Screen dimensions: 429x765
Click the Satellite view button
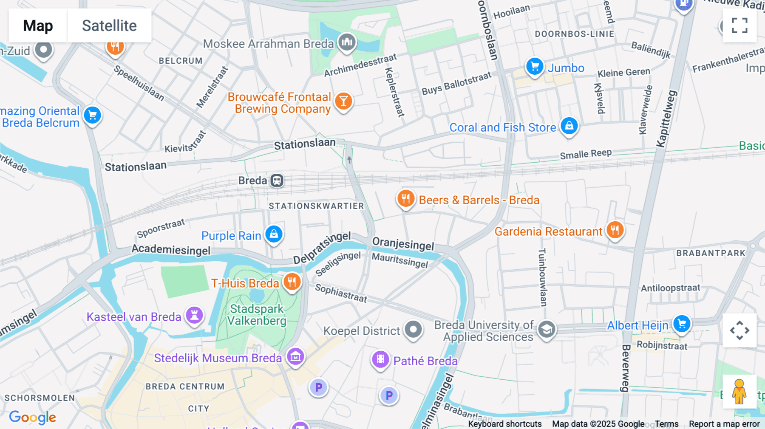(109, 25)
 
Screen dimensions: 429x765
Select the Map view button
(38, 25)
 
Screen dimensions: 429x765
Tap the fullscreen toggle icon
(739, 25)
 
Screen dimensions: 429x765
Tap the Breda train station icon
(277, 181)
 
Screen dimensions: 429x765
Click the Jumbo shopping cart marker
(535, 67)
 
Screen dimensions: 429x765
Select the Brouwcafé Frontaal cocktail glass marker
(343, 102)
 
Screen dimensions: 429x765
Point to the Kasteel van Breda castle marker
(194, 316)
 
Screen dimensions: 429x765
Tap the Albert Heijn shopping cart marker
(682, 324)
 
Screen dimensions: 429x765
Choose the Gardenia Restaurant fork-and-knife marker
(615, 230)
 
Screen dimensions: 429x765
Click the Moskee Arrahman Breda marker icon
(347, 42)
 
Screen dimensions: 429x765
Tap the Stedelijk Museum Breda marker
(295, 357)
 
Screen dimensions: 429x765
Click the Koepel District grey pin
(413, 330)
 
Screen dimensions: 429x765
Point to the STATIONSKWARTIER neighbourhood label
(316, 206)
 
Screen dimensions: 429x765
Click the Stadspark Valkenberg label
(257, 315)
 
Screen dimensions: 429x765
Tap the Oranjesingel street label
(403, 244)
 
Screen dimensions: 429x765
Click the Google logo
(32, 417)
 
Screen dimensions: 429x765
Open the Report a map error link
(724, 424)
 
